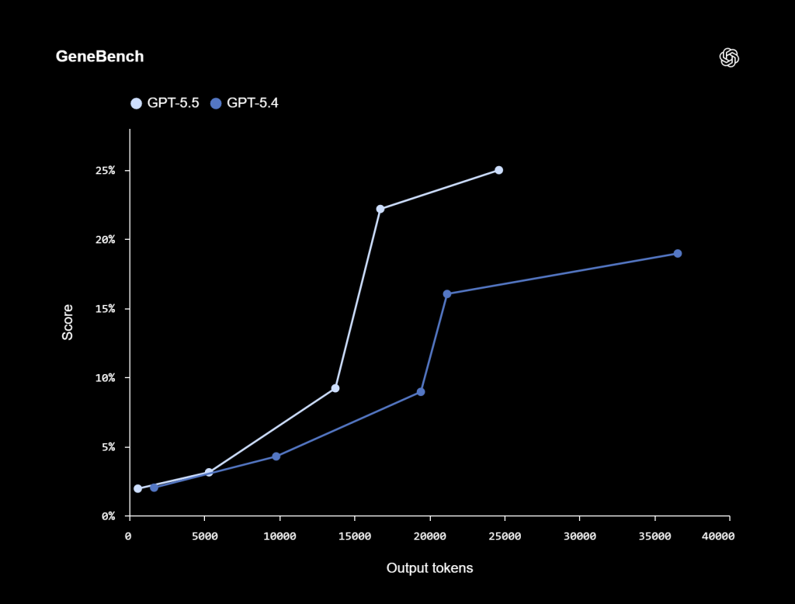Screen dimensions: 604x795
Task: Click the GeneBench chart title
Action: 99,57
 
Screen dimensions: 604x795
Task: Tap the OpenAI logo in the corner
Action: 729,57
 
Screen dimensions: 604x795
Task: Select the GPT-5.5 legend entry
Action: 165,102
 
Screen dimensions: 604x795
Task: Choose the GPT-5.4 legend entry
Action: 245,102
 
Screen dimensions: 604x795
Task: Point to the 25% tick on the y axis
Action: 104,170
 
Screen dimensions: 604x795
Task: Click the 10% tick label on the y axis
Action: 104,378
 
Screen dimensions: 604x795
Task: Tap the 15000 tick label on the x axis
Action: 354,536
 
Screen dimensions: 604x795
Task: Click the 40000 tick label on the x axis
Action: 714,536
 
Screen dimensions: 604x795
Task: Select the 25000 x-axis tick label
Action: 505,536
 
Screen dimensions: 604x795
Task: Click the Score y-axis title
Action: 68,322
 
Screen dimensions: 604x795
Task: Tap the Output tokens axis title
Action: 429,568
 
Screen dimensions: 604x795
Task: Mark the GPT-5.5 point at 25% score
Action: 498,170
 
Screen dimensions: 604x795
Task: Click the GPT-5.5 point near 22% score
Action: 380,209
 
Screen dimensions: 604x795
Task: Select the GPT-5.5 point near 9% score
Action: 335,388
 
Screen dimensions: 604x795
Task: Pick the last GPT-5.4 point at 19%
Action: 678,254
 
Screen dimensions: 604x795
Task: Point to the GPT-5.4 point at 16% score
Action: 446,294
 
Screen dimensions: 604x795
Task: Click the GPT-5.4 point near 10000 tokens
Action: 276,456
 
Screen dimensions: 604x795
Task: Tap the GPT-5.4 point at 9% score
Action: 421,392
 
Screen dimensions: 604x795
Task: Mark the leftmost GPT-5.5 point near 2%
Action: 137,489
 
